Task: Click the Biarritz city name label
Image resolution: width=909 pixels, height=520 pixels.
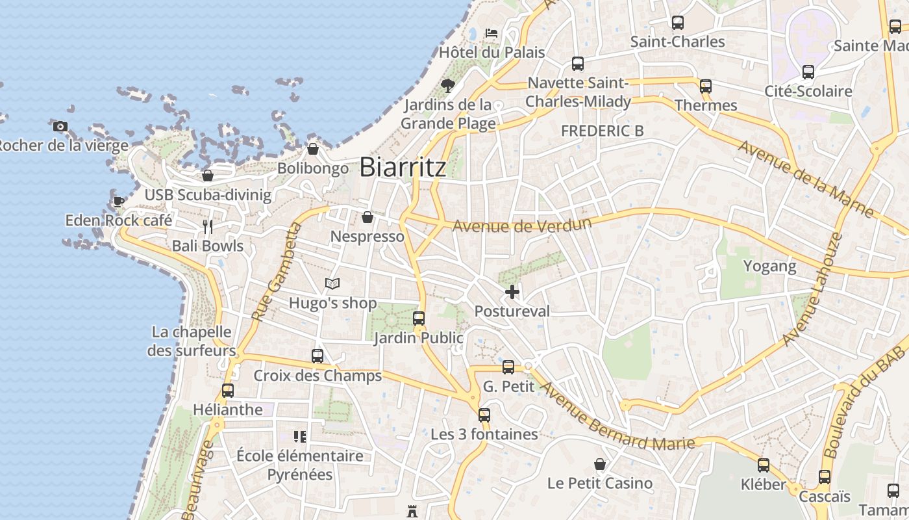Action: point(403,167)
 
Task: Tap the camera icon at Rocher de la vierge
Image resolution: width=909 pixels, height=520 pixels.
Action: point(60,126)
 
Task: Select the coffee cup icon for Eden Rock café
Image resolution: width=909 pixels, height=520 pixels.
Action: point(118,201)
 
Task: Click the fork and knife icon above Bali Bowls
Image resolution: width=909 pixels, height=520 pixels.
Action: point(208,227)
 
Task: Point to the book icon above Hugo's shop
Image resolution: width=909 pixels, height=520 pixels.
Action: point(332,283)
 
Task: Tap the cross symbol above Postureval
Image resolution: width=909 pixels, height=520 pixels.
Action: point(512,292)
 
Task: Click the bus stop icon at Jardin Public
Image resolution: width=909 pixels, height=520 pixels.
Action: point(419,318)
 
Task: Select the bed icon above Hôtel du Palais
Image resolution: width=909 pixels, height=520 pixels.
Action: point(492,32)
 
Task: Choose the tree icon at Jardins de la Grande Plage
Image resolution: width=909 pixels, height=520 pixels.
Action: point(447,85)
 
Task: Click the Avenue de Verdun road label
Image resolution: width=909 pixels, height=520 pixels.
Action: point(522,226)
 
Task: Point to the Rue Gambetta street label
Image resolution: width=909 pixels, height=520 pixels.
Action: point(277,272)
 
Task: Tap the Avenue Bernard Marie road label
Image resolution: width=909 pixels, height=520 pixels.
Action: point(617,416)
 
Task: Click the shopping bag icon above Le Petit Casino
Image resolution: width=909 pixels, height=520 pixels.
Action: point(600,464)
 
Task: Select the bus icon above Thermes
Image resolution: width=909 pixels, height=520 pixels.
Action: point(706,86)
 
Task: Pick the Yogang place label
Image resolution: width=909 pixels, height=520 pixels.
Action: point(769,266)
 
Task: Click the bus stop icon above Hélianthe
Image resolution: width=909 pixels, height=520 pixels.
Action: point(228,391)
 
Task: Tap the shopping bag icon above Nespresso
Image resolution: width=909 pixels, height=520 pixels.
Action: point(367,217)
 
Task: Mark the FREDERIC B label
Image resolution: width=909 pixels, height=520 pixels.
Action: point(603,131)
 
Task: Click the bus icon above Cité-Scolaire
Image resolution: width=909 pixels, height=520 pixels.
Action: point(808,72)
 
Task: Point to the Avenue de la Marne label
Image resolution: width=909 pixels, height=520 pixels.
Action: point(805,177)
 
